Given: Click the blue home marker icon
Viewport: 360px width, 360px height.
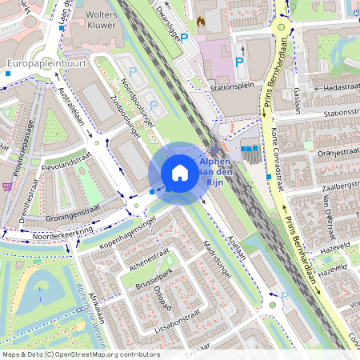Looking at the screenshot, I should [179, 173].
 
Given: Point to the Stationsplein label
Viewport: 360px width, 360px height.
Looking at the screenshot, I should [232, 87].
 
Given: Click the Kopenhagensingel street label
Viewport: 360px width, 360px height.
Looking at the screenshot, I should [123, 228].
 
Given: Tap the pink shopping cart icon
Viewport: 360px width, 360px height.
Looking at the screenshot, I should [7, 186].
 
